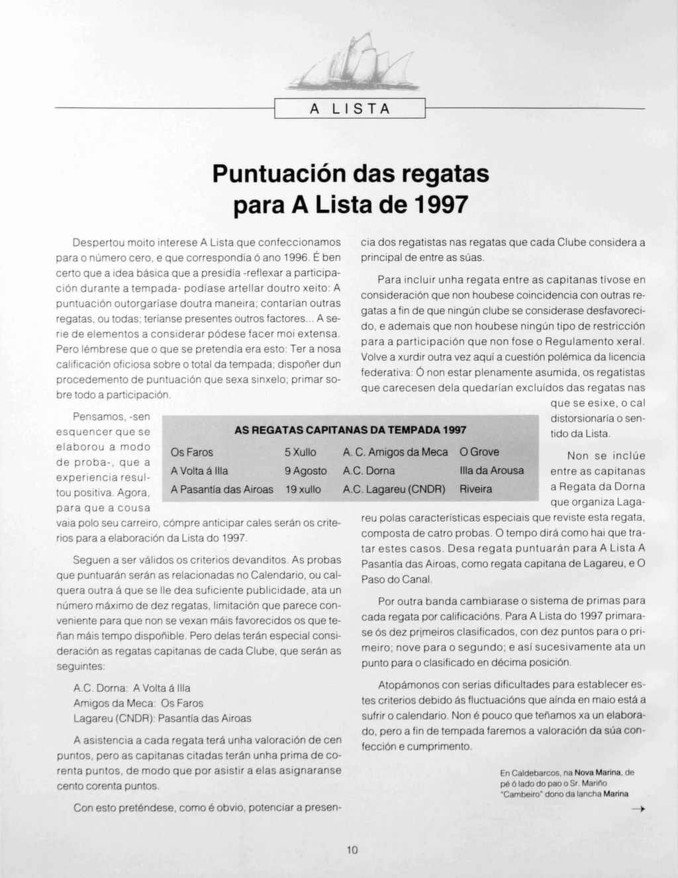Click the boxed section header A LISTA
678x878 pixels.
349,109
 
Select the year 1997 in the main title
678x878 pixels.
440,203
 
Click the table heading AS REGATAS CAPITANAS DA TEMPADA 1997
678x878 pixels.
350,430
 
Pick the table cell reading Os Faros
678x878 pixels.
192,452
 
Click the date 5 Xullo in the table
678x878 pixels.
301,452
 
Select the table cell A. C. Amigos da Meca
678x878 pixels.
395,452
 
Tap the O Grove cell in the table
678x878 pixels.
479,452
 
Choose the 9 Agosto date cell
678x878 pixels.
306,471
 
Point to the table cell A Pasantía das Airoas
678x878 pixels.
222,489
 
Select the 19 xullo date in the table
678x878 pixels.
303,489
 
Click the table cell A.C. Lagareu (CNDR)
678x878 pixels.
394,489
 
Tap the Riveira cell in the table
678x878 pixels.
476,489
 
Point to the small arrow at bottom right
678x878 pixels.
638,809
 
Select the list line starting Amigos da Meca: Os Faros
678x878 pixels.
138,703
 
